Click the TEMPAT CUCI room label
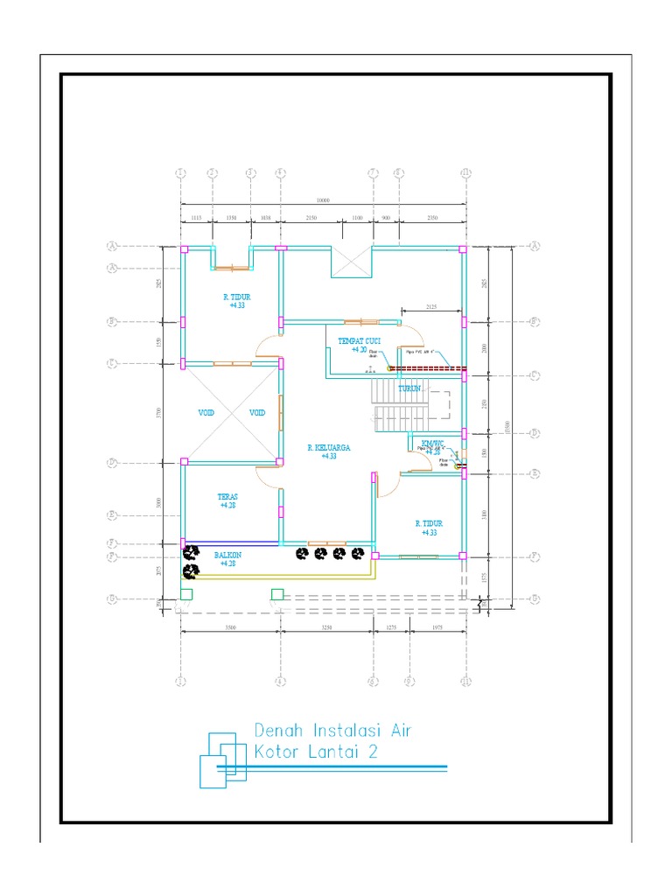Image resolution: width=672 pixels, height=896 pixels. [x=359, y=340]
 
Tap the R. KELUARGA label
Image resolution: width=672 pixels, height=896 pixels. [x=329, y=447]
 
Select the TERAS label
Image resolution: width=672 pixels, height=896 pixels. [x=228, y=496]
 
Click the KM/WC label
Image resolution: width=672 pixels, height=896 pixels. [x=432, y=443]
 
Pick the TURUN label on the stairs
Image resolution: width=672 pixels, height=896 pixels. [x=411, y=388]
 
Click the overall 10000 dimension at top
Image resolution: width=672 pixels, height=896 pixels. [x=323, y=200]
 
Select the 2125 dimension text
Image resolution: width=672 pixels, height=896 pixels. [x=431, y=307]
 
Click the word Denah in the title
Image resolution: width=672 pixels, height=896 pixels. [x=282, y=730]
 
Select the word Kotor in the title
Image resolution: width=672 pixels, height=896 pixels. [x=282, y=751]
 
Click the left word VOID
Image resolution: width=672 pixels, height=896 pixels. [x=206, y=413]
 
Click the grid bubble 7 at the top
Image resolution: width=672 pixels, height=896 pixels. [x=373, y=172]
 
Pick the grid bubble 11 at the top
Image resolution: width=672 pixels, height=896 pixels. [x=465, y=172]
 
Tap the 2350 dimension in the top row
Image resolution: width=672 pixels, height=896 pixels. [x=431, y=216]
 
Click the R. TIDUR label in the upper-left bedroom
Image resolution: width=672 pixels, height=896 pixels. [x=236, y=297]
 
